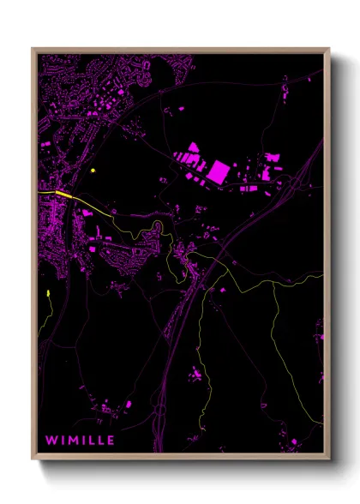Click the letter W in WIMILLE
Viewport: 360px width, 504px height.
pos(51,440)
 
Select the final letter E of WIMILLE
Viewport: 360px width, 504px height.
pos(111,440)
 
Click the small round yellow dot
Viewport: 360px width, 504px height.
pos(91,171)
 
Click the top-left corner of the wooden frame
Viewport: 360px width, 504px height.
pos(33,49)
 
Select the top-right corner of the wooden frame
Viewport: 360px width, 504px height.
pos(329,49)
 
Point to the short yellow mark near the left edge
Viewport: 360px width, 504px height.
pos(49,297)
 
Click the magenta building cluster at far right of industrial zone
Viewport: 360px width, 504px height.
pos(273,161)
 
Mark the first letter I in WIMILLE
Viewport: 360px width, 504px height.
pos(63,440)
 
